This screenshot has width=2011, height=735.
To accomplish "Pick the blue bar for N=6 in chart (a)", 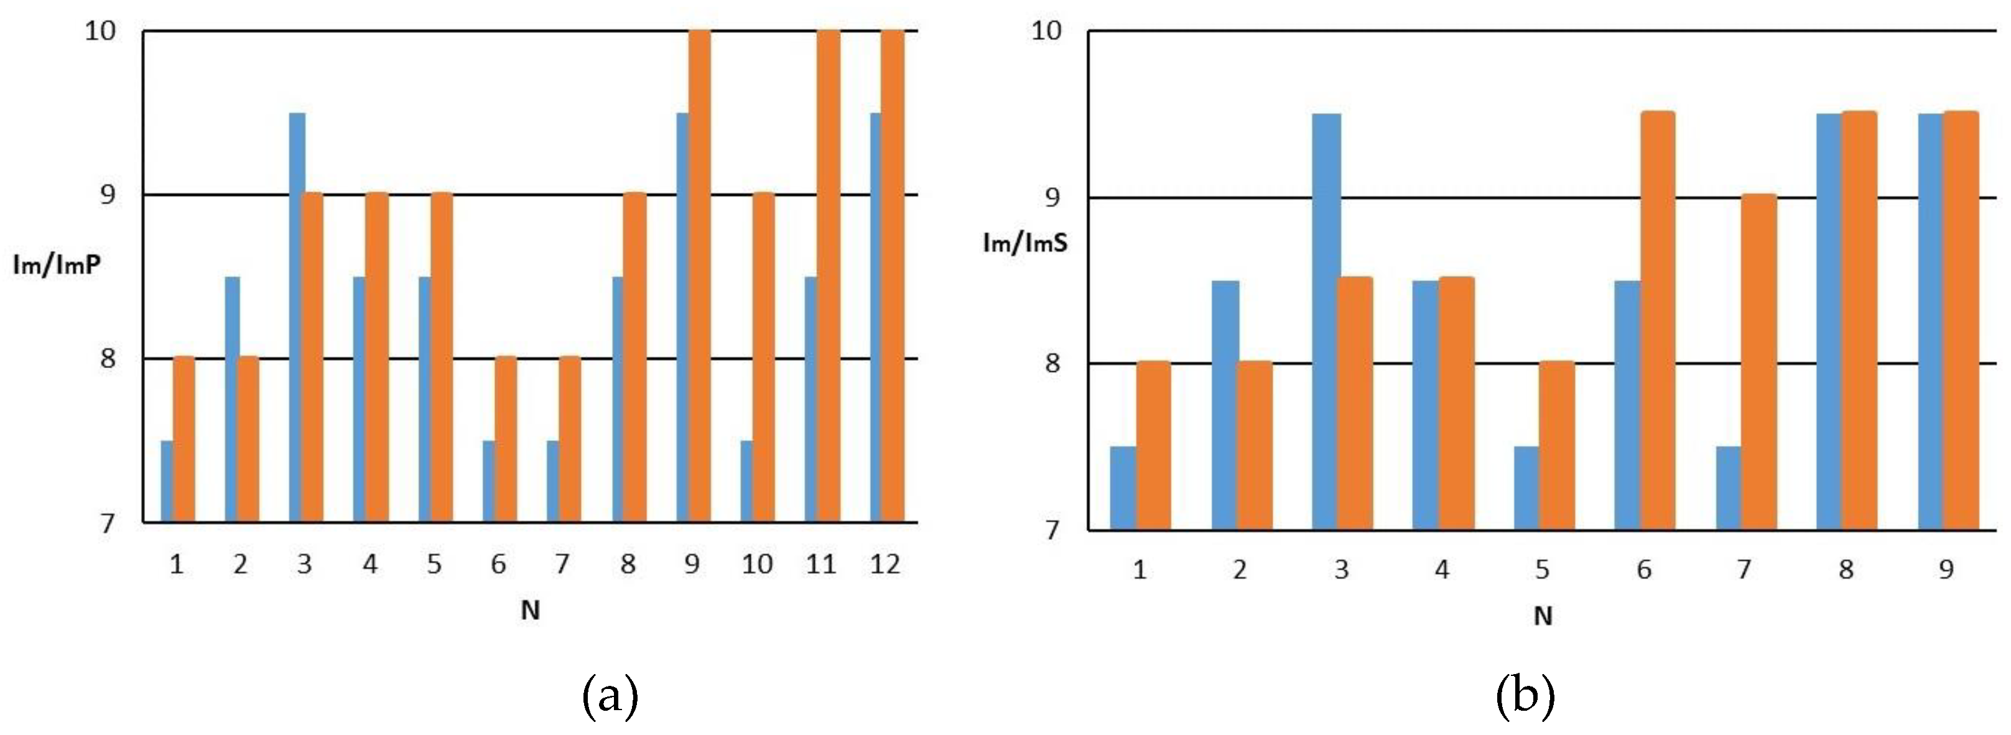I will tap(489, 481).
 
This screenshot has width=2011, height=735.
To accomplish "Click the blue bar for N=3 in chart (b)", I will tap(1326, 321).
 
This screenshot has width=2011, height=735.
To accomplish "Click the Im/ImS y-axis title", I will tap(1025, 243).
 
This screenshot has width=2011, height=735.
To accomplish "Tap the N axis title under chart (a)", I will tap(531, 610).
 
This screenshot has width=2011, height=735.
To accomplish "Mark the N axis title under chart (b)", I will tap(1543, 616).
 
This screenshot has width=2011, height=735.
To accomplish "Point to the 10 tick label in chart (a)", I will tap(100, 31).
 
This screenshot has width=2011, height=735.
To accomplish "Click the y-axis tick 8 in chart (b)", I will tap(1052, 364).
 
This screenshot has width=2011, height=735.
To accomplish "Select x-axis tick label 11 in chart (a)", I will tap(820, 563).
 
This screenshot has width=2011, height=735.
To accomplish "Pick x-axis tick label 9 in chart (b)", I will tap(1946, 570).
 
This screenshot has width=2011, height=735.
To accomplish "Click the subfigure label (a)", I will tap(610, 697).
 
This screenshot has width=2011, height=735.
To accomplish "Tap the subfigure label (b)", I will tap(1525, 697).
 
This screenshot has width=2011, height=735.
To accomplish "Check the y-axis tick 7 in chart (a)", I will tap(108, 523).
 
